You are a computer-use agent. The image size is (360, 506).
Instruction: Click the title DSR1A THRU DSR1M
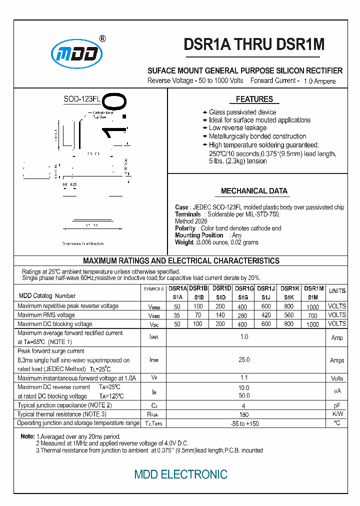pos(254,44)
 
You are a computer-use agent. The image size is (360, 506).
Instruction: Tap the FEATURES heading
pos(254,99)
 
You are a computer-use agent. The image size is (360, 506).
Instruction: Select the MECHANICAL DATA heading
pos(254,191)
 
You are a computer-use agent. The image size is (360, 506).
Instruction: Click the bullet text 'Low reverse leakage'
pos(237,128)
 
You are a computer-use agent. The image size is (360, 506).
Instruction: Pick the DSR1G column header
pos(244,288)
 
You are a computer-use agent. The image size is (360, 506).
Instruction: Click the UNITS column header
pos(337,290)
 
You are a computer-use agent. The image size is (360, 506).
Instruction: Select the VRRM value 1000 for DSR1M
pos(312,306)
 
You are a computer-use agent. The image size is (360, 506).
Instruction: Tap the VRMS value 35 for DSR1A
pos(177,315)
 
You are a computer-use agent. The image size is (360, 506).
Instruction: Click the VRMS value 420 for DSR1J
pos(266,315)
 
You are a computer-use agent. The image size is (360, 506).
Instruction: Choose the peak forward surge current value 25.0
pos(244,359)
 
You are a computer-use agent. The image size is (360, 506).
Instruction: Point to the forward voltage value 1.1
pos(244,378)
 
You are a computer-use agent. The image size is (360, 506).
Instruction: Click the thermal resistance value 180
pos(244,414)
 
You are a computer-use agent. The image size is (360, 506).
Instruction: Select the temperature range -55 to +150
pos(244,423)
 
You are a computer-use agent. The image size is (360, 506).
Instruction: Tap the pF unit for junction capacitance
pos(337,405)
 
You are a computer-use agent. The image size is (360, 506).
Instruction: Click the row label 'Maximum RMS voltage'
pos(46,315)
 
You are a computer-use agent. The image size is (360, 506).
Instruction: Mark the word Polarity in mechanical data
pos(185,228)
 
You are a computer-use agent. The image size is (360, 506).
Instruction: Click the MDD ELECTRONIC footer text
pos(180,474)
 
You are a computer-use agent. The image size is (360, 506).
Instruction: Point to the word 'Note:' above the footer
pos(27,436)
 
